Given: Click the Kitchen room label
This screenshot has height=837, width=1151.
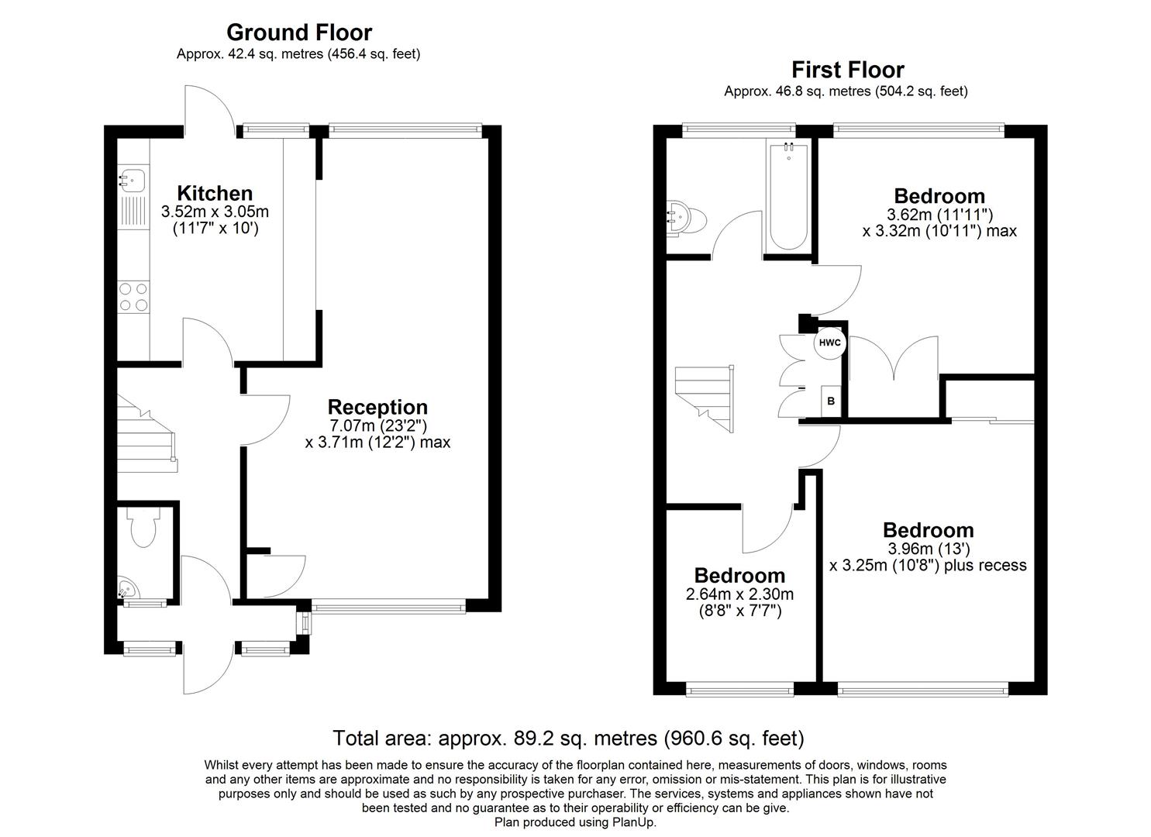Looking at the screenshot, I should click(215, 193).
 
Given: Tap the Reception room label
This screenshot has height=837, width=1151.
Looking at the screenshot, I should click(377, 407).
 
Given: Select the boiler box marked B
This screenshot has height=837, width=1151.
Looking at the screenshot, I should click(832, 401).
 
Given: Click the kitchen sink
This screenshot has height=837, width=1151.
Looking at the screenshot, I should click(131, 180).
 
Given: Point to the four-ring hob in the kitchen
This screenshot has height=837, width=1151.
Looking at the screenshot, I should click(133, 296).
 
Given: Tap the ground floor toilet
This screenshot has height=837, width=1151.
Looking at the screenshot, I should click(143, 527).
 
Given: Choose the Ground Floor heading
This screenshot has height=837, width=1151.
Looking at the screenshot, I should click(298, 33).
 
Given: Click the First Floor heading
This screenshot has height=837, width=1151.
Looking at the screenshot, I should click(848, 70).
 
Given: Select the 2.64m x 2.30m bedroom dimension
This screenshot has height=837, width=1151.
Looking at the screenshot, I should click(739, 594).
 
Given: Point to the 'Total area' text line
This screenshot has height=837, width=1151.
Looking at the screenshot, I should click(568, 738).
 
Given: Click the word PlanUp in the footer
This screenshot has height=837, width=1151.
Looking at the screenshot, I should click(633, 822).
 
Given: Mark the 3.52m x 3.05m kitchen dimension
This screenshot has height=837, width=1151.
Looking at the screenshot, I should click(215, 211).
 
